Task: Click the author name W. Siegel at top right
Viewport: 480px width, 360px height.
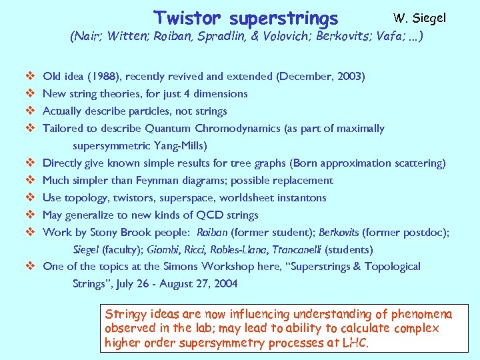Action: click(419, 18)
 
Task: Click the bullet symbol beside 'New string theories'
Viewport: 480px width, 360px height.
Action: click(30, 94)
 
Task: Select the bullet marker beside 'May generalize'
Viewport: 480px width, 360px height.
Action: click(30, 215)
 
